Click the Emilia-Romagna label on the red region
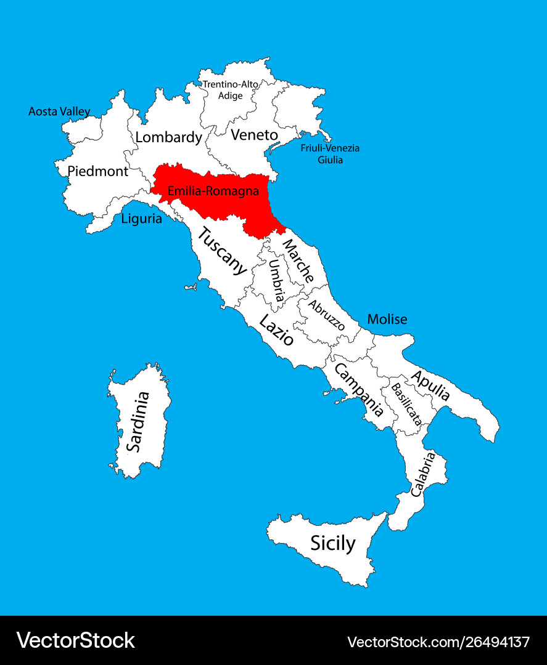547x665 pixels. click(x=213, y=191)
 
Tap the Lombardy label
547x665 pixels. click(x=168, y=137)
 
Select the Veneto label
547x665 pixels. click(x=254, y=135)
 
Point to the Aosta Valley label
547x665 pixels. click(x=59, y=111)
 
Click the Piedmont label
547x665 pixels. click(x=97, y=171)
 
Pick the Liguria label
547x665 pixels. click(x=141, y=218)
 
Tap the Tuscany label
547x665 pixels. click(x=222, y=251)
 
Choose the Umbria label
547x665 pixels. click(x=276, y=280)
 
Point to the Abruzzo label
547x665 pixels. click(x=326, y=315)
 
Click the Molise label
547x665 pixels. click(x=387, y=319)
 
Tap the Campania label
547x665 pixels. click(x=358, y=390)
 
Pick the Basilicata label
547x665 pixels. click(x=406, y=405)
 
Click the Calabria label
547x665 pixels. click(x=423, y=474)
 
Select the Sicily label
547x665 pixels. click(x=332, y=543)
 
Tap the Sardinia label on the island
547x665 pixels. click(x=138, y=422)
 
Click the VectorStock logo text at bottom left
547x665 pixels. click(x=75, y=640)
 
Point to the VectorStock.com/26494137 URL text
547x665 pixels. click(x=438, y=642)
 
